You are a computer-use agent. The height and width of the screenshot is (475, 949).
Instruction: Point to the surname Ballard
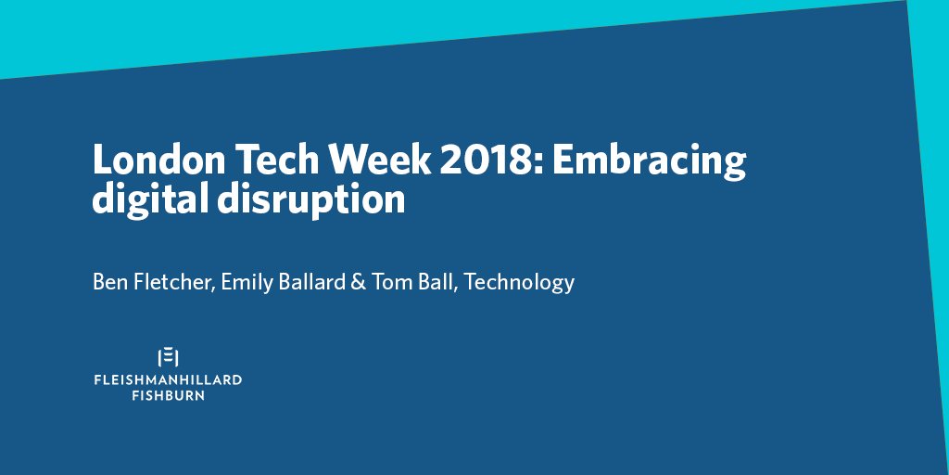coord(318,282)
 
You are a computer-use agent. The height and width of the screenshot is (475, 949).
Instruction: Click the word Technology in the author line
coord(519,282)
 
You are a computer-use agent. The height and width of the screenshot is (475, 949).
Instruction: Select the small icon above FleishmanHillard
coord(168,356)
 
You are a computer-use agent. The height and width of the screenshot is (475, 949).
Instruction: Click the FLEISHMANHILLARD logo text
coord(168,380)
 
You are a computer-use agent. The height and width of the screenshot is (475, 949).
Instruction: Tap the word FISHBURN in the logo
coord(168,395)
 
